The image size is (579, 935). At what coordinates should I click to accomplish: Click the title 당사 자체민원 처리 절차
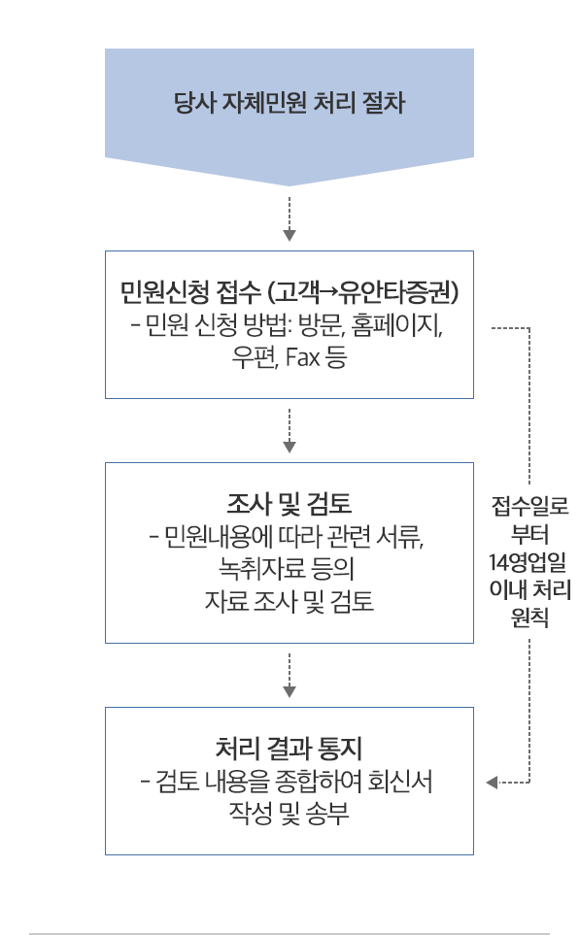click(x=289, y=102)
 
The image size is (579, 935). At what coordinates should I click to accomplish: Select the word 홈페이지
click(x=396, y=325)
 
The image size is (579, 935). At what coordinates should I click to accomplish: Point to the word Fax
click(x=303, y=356)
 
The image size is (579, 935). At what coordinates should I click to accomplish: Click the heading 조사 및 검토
click(x=289, y=504)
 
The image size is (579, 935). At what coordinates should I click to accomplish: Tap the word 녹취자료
click(x=261, y=568)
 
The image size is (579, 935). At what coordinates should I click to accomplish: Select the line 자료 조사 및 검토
click(x=289, y=600)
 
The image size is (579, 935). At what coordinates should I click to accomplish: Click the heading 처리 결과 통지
click(x=289, y=748)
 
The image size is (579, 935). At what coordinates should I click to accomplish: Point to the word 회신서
click(x=400, y=781)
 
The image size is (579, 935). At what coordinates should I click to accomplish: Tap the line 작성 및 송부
click(x=289, y=813)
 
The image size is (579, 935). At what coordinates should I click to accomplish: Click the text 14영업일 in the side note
click(x=528, y=562)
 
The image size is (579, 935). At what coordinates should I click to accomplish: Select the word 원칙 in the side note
click(x=529, y=618)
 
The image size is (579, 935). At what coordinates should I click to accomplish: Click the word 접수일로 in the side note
click(x=530, y=506)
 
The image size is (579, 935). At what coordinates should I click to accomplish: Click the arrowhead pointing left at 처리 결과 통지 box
click(x=492, y=782)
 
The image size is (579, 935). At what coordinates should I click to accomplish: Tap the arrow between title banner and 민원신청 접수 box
click(x=289, y=218)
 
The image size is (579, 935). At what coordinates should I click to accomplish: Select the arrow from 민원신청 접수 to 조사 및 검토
click(x=289, y=430)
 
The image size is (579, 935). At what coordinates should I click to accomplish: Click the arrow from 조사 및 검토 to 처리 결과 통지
click(x=289, y=675)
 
